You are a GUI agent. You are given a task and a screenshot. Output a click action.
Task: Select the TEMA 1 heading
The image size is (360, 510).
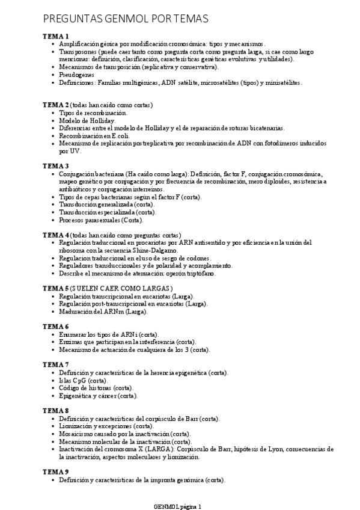point(55,36)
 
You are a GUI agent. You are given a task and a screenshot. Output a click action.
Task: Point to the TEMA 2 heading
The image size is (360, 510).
point(55,105)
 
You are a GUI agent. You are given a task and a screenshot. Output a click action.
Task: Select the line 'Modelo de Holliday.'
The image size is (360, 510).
point(87,120)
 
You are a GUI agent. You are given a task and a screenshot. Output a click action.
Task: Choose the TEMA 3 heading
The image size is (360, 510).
point(55,166)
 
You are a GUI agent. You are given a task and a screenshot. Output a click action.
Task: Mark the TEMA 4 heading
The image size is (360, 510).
point(55,235)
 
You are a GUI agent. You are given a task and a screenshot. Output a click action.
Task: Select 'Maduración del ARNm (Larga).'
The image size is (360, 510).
point(103,312)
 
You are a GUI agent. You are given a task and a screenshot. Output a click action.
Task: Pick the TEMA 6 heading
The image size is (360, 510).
point(55,327)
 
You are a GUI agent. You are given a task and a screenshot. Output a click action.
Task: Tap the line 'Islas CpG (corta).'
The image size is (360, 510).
point(84,381)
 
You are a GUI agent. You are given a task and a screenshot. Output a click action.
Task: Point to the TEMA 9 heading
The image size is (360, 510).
point(55,472)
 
